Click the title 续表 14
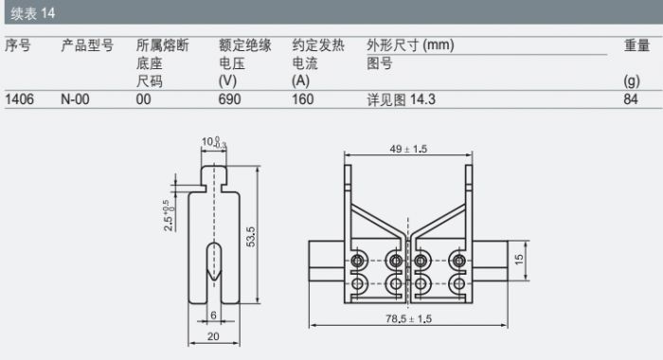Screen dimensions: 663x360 coord(33,13)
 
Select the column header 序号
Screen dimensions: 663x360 coord(18,45)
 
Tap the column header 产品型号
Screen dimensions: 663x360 coord(87,45)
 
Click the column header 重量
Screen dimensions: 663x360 coord(636,45)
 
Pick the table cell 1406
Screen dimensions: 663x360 coord(20,99)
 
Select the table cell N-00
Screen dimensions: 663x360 coord(75,99)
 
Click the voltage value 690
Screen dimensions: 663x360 coord(229,99)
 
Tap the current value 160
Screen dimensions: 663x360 coord(303,99)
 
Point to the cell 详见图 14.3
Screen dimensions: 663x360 coord(401,99)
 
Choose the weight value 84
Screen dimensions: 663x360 coord(631,99)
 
